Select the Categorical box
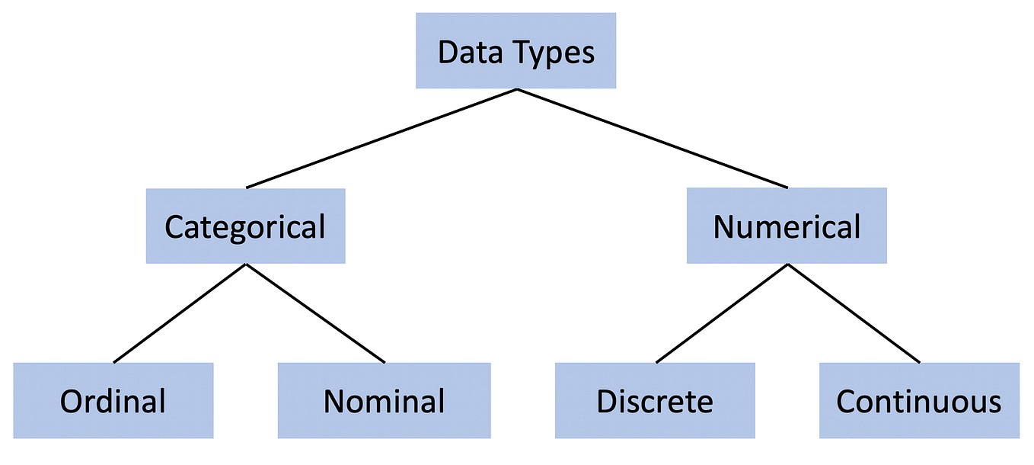[245, 226]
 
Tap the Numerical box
[787, 226]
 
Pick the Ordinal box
[113, 400]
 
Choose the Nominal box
[384, 400]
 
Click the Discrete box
[655, 400]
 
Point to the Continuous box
[919, 400]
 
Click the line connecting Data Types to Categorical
[381, 138]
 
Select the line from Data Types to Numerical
[653, 138]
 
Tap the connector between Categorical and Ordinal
[180, 313]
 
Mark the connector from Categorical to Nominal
[315, 313]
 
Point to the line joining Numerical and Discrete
[723, 313]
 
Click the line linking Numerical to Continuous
[854, 313]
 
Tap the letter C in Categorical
[174, 227]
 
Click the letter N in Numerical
[723, 227]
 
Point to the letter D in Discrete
[606, 401]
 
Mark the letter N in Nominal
[333, 401]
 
